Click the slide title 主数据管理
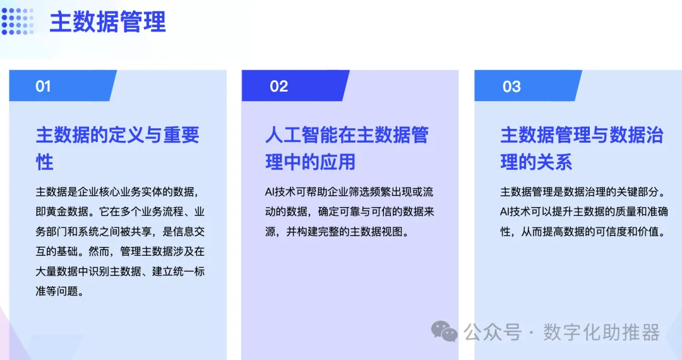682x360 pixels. point(107,22)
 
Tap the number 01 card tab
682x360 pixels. point(43,87)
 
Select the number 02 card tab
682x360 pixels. point(278,87)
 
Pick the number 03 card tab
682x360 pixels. point(512,87)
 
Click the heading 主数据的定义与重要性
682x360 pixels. point(117,148)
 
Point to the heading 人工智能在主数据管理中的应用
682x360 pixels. point(347,148)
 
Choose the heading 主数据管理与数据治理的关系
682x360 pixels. point(582,148)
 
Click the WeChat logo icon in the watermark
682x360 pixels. point(445,330)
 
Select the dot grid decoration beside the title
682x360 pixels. point(17,21)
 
